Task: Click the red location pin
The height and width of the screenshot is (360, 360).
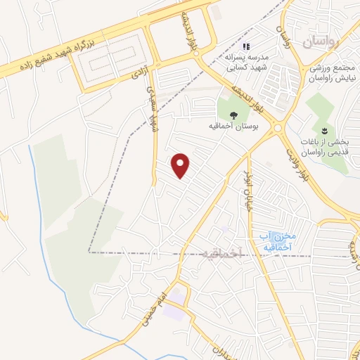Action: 181,166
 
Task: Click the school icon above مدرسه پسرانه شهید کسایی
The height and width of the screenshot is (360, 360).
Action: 246,47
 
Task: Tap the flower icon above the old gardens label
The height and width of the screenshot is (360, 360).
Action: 324,130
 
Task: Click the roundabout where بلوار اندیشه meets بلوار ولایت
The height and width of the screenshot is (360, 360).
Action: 278,127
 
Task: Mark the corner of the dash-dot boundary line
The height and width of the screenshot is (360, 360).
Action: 89,251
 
